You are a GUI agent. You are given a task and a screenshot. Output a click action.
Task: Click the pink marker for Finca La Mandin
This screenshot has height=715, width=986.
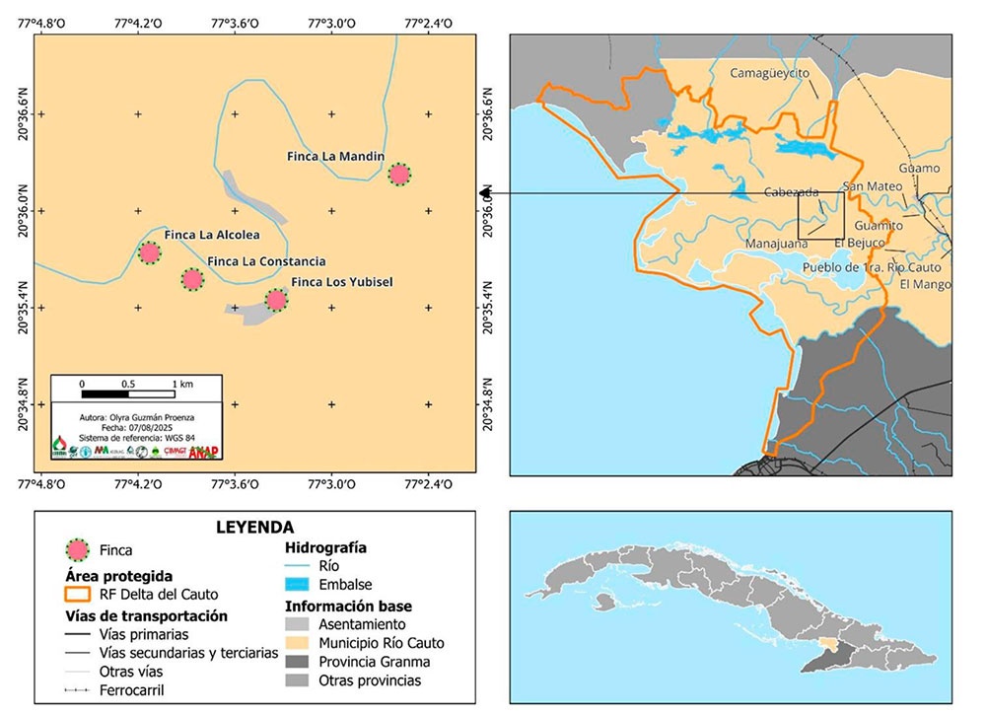coord(398,175)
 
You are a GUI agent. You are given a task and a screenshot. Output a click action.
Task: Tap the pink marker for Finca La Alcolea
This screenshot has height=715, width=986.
coord(149,252)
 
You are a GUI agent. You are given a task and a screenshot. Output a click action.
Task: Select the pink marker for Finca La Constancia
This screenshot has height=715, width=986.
coord(192,279)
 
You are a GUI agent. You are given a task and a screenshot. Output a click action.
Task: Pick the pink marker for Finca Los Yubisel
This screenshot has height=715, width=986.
coord(276,300)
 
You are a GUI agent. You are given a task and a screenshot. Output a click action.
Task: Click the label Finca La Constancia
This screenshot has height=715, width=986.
coord(266,261)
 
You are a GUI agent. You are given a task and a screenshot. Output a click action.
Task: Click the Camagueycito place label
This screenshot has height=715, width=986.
coord(769,73)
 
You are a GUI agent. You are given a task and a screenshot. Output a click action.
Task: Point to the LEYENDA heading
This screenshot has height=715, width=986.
coord(254,528)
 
